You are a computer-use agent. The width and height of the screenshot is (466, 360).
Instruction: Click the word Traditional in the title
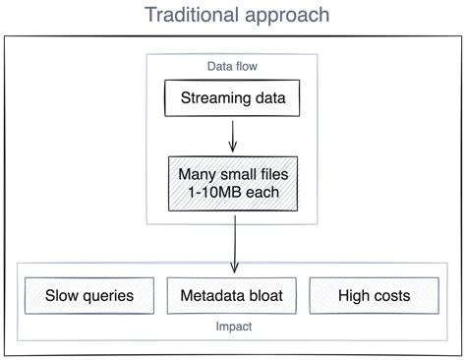[x=192, y=15]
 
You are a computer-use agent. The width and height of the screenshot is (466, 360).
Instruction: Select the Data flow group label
[x=232, y=66]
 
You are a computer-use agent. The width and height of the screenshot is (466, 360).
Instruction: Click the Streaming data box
[x=232, y=98]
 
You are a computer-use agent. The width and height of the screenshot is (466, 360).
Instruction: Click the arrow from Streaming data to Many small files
[x=233, y=136]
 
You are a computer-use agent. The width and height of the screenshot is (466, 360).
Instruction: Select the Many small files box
[x=233, y=184]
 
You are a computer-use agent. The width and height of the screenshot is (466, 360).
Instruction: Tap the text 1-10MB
[x=215, y=192]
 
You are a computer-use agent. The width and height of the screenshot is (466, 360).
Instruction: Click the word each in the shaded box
[x=262, y=192]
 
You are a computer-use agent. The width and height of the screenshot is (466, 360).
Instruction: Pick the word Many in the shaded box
[x=198, y=175]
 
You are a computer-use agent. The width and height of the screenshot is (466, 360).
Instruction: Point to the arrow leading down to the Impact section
[x=235, y=244]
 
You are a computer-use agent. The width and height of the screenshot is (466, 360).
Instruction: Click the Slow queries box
[x=89, y=296]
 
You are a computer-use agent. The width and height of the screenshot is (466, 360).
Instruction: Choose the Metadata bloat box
[x=232, y=296]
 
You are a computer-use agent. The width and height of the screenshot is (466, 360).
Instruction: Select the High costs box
[x=375, y=296]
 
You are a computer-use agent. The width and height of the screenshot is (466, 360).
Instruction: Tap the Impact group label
[x=234, y=327]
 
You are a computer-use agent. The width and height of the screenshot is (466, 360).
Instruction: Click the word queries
[x=108, y=296]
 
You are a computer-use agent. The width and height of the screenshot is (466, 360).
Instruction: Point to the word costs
[x=392, y=296]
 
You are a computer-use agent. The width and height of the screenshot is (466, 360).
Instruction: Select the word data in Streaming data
[x=270, y=98]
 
